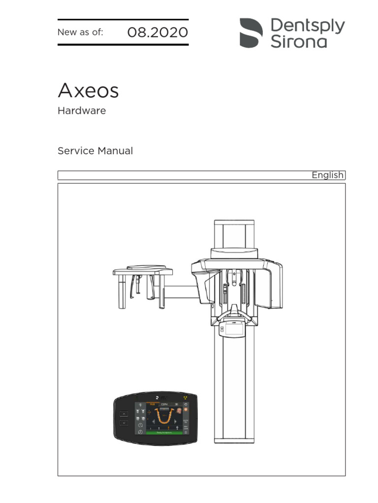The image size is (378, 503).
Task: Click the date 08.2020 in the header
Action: pyautogui.click(x=157, y=33)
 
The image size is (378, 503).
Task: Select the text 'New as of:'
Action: pyautogui.click(x=80, y=33)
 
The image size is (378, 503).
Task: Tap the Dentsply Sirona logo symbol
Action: pyautogui.click(x=251, y=33)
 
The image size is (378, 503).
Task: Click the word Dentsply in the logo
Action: pyautogui.click(x=308, y=26)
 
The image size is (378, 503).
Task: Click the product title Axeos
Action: pyautogui.click(x=88, y=91)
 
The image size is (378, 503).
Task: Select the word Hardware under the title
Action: pyautogui.click(x=82, y=111)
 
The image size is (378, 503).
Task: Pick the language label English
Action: pyautogui.click(x=327, y=175)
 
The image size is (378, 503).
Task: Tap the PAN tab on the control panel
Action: pyautogui.click(x=152, y=404)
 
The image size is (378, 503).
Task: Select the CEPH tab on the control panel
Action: pyautogui.click(x=164, y=404)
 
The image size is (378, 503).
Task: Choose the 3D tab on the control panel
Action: pyautogui.click(x=176, y=404)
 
